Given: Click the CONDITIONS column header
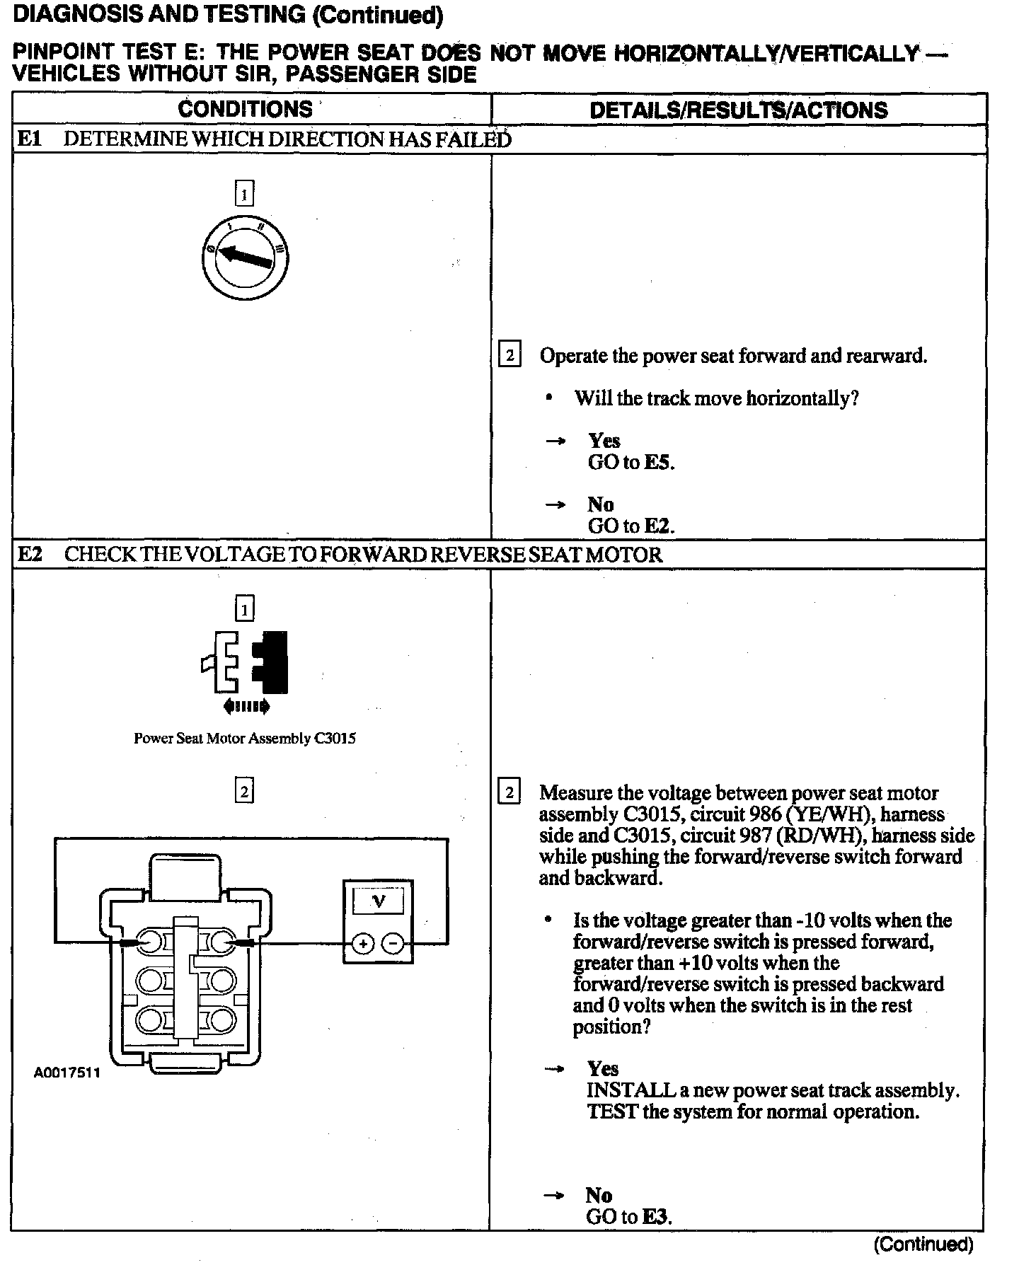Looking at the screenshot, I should pos(245,109).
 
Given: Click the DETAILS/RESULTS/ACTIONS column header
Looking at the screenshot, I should pos(738,110).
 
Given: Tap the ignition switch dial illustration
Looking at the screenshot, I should pos(244,255).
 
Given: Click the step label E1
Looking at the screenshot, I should pos(30,139).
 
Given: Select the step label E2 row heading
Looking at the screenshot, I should pos(30,554).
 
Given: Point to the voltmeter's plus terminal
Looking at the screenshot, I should pos(362,944).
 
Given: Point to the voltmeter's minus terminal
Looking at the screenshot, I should pos(393,944).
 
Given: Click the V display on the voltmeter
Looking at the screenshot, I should pos(379,901).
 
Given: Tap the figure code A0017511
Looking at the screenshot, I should pos(67,1073).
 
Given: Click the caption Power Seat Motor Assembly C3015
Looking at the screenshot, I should pos(245,739).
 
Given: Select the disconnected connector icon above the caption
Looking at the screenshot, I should pos(245,662).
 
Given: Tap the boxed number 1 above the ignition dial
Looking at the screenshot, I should pos(244,194).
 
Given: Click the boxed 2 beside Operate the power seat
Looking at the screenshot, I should pos(509,354).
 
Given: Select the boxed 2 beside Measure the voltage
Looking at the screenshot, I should pos(509,792).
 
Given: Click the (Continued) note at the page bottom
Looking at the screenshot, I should pos(923,1244).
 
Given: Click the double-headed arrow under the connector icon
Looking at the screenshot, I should pos(246,706).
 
